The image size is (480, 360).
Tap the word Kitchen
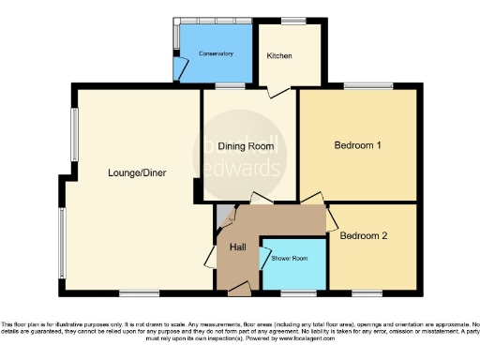point(279,55)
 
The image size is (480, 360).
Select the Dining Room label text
point(246,146)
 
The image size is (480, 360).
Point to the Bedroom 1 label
point(357,146)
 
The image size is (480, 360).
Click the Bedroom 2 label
point(364,236)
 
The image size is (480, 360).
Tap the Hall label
point(238,246)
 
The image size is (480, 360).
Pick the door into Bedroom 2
point(331,218)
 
